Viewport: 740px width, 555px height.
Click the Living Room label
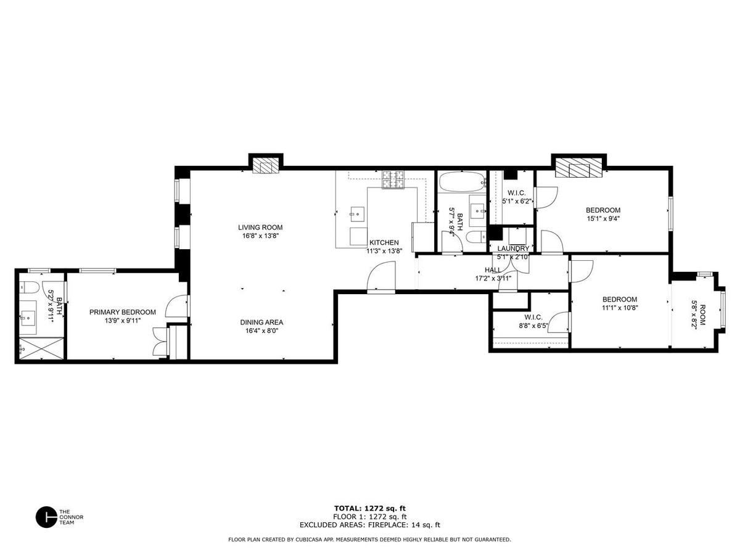coord(260,228)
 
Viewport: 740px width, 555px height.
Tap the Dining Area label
coord(261,322)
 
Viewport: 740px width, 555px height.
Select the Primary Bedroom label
coord(122,313)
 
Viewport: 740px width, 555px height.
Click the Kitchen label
coord(384,242)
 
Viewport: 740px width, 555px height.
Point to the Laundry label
coord(513,249)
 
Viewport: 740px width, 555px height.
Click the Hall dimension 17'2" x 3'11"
coord(493,278)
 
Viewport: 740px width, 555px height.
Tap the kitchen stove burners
coord(393,179)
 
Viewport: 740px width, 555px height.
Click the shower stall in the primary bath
coord(41,348)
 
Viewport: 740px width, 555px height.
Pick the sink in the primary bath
coord(28,318)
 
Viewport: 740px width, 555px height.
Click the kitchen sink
coord(357,214)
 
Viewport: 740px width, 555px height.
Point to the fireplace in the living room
coord(266,165)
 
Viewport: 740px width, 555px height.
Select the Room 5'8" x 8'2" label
coord(699,315)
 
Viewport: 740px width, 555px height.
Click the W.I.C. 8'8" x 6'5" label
coord(533,321)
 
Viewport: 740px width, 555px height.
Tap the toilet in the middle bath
coord(476,237)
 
